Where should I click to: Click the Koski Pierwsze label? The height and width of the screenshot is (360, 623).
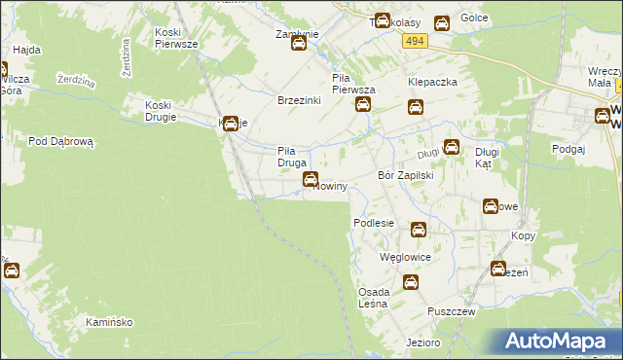coord(177,38)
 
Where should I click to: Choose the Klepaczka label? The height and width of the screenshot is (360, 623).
coord(432,83)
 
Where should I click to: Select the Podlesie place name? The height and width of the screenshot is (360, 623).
coord(373,223)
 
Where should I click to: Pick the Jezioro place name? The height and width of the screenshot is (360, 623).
coord(424,342)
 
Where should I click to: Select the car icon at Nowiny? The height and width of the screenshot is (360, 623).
coord(311,178)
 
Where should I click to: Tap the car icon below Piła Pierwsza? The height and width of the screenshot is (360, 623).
coord(362,105)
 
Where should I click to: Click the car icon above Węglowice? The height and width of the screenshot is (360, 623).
coord(418,230)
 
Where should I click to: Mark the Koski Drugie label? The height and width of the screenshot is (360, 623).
coord(160,111)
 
